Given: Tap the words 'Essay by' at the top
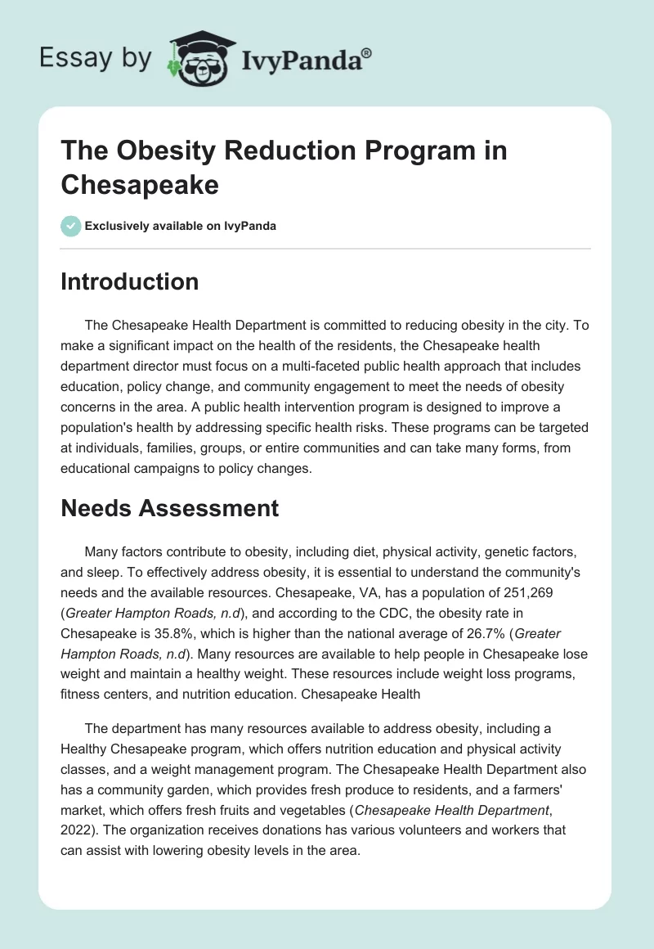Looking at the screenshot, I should (x=96, y=59).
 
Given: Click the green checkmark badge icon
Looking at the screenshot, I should (x=71, y=226).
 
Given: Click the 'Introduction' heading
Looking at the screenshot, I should (x=130, y=281).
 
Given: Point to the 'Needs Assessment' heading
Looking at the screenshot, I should (x=170, y=508).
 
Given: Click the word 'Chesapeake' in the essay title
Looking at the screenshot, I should (x=140, y=184).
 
